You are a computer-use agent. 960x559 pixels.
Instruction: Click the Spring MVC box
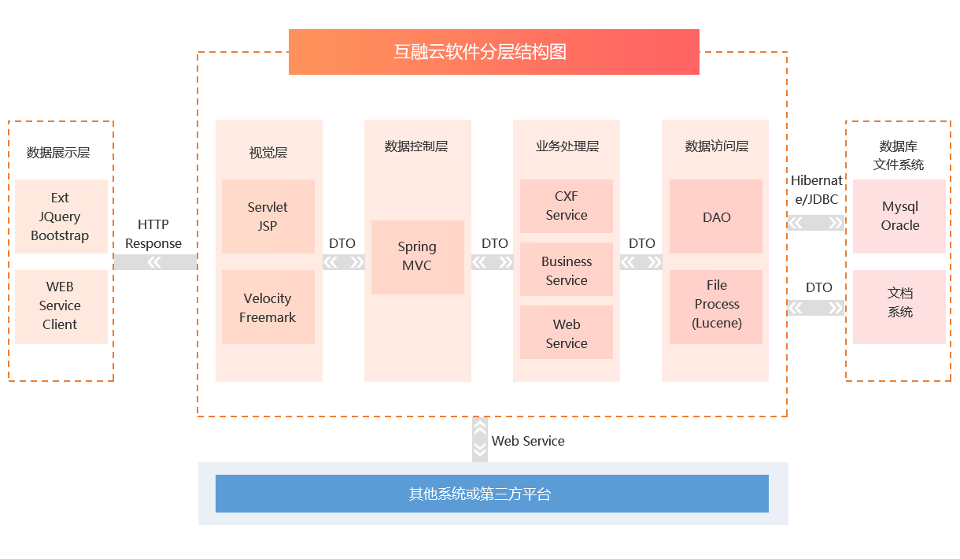click(417, 257)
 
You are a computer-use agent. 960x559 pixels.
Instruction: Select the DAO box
click(716, 217)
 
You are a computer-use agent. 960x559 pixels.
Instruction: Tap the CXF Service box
click(566, 206)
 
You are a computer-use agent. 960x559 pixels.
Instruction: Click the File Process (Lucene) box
click(716, 307)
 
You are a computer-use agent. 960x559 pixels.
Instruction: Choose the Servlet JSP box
click(268, 217)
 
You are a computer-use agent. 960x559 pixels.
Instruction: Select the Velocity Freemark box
click(268, 307)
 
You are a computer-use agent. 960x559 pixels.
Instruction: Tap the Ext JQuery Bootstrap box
click(61, 217)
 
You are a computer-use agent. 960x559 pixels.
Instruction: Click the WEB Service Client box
click(61, 307)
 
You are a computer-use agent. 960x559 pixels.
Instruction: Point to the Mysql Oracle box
click(899, 217)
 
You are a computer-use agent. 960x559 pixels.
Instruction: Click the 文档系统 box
click(899, 307)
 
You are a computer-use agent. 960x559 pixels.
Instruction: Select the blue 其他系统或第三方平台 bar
click(492, 494)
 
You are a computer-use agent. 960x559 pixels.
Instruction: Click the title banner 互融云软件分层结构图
click(493, 52)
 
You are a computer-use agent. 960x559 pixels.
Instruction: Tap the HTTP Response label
click(153, 234)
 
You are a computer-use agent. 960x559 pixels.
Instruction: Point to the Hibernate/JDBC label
click(816, 190)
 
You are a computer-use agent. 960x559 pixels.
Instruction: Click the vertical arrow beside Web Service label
click(479, 439)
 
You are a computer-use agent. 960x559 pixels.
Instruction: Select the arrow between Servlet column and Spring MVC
click(343, 262)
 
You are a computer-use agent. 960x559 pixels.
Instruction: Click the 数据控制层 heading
click(415, 146)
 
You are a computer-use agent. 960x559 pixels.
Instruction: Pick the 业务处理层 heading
click(567, 146)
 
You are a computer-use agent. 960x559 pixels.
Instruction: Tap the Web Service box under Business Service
click(566, 332)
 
